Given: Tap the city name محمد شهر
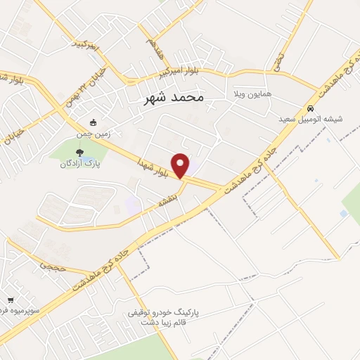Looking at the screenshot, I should coord(167,98).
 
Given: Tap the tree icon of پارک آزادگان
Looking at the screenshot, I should coord(79,151).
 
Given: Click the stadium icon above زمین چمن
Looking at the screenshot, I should coord(93,121).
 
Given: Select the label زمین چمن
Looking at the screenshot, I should coord(93,131).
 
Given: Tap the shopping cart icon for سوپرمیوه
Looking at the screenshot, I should coord(10,300).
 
